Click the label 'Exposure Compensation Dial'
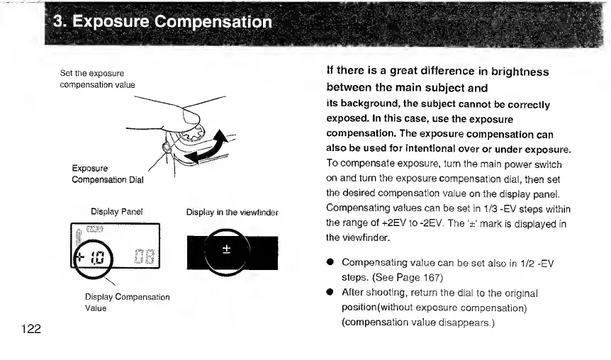click(107, 174)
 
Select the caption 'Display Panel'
click(117, 211)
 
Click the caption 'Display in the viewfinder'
click(232, 212)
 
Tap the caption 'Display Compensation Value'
click(127, 303)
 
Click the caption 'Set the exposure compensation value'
click(97, 79)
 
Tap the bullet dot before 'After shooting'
click(331, 293)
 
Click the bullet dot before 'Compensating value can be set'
click(331, 264)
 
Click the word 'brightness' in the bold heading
click(512, 72)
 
